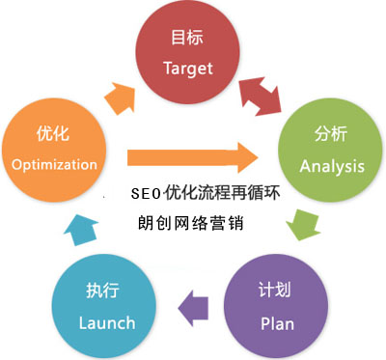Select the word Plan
point(277,324)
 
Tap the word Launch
point(107,323)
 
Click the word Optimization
point(55,164)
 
